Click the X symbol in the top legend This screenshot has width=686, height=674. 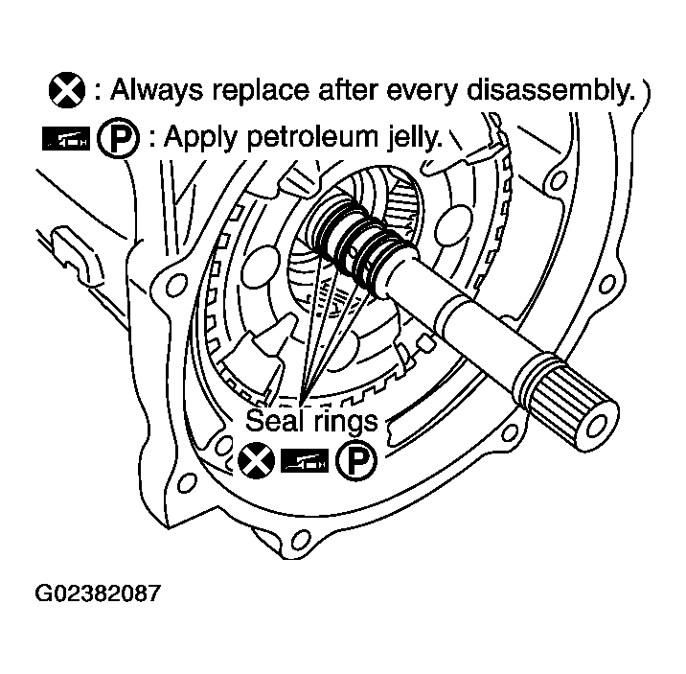tap(67, 90)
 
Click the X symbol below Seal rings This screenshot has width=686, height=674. tap(257, 460)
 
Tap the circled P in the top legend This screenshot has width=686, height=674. tap(118, 137)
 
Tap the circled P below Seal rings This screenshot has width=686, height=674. tap(356, 460)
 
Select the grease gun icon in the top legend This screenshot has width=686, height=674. tap(66, 139)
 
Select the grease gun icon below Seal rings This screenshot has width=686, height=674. tap(305, 461)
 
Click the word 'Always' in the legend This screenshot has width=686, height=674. tap(156, 91)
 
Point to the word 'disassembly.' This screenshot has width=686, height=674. tap(551, 91)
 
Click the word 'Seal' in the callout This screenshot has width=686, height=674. tap(275, 420)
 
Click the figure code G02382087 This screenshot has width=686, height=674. tap(98, 593)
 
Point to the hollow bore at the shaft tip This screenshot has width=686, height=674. tap(597, 425)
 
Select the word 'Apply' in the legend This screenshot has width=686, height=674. tap(201, 138)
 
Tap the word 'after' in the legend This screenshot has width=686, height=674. tap(348, 90)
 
